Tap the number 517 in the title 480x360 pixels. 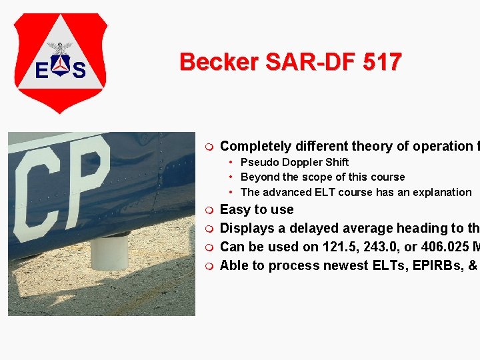[x=383, y=62]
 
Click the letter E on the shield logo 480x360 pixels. [x=41, y=70]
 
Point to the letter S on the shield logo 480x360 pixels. [x=79, y=70]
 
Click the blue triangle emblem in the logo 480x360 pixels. [x=61, y=65]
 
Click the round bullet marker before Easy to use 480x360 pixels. [x=209, y=210]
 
